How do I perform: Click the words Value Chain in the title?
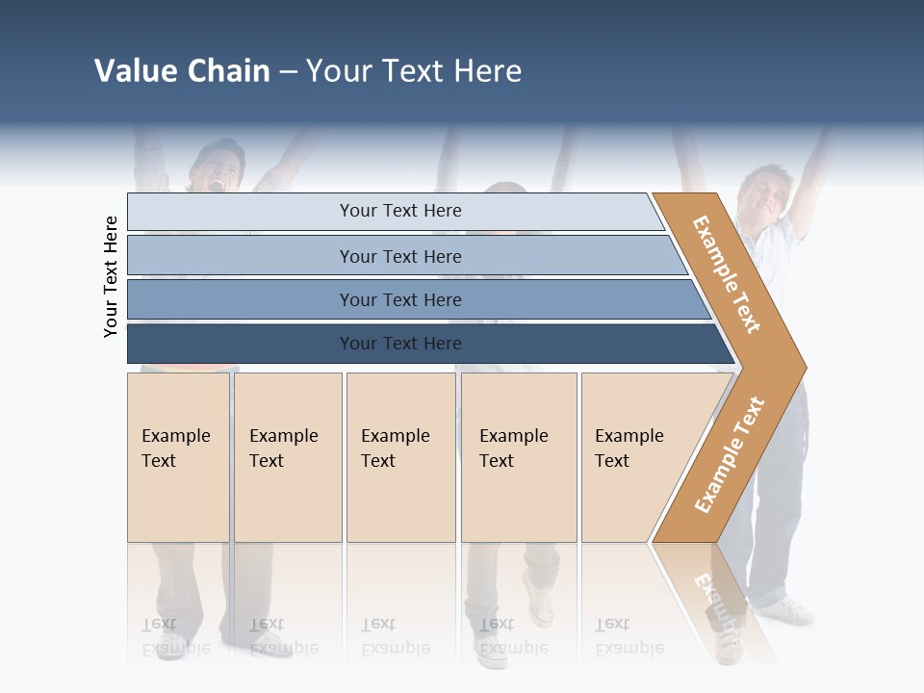click(x=182, y=71)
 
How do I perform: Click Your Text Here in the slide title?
click(x=414, y=71)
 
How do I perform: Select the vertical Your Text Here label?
click(x=111, y=276)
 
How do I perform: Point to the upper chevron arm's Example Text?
click(x=727, y=274)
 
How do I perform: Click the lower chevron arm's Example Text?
click(x=730, y=454)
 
